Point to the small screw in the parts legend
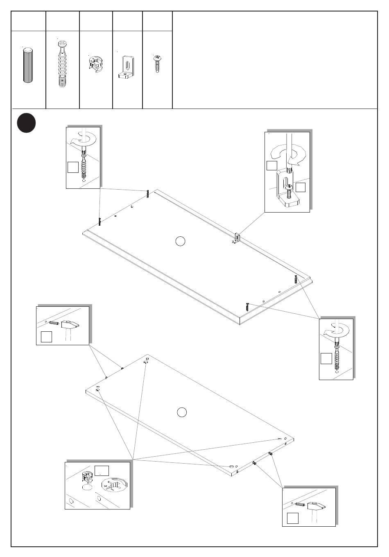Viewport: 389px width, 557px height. (x=156, y=63)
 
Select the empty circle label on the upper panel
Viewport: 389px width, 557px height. (x=180, y=241)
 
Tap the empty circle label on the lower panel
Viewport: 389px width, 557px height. (x=182, y=412)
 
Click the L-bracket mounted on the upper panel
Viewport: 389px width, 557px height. (x=237, y=238)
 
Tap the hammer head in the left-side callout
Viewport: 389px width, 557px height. (x=70, y=326)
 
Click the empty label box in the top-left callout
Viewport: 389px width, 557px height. (x=73, y=167)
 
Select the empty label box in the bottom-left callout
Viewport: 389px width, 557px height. (x=101, y=470)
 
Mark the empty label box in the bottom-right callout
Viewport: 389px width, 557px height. (x=292, y=518)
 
